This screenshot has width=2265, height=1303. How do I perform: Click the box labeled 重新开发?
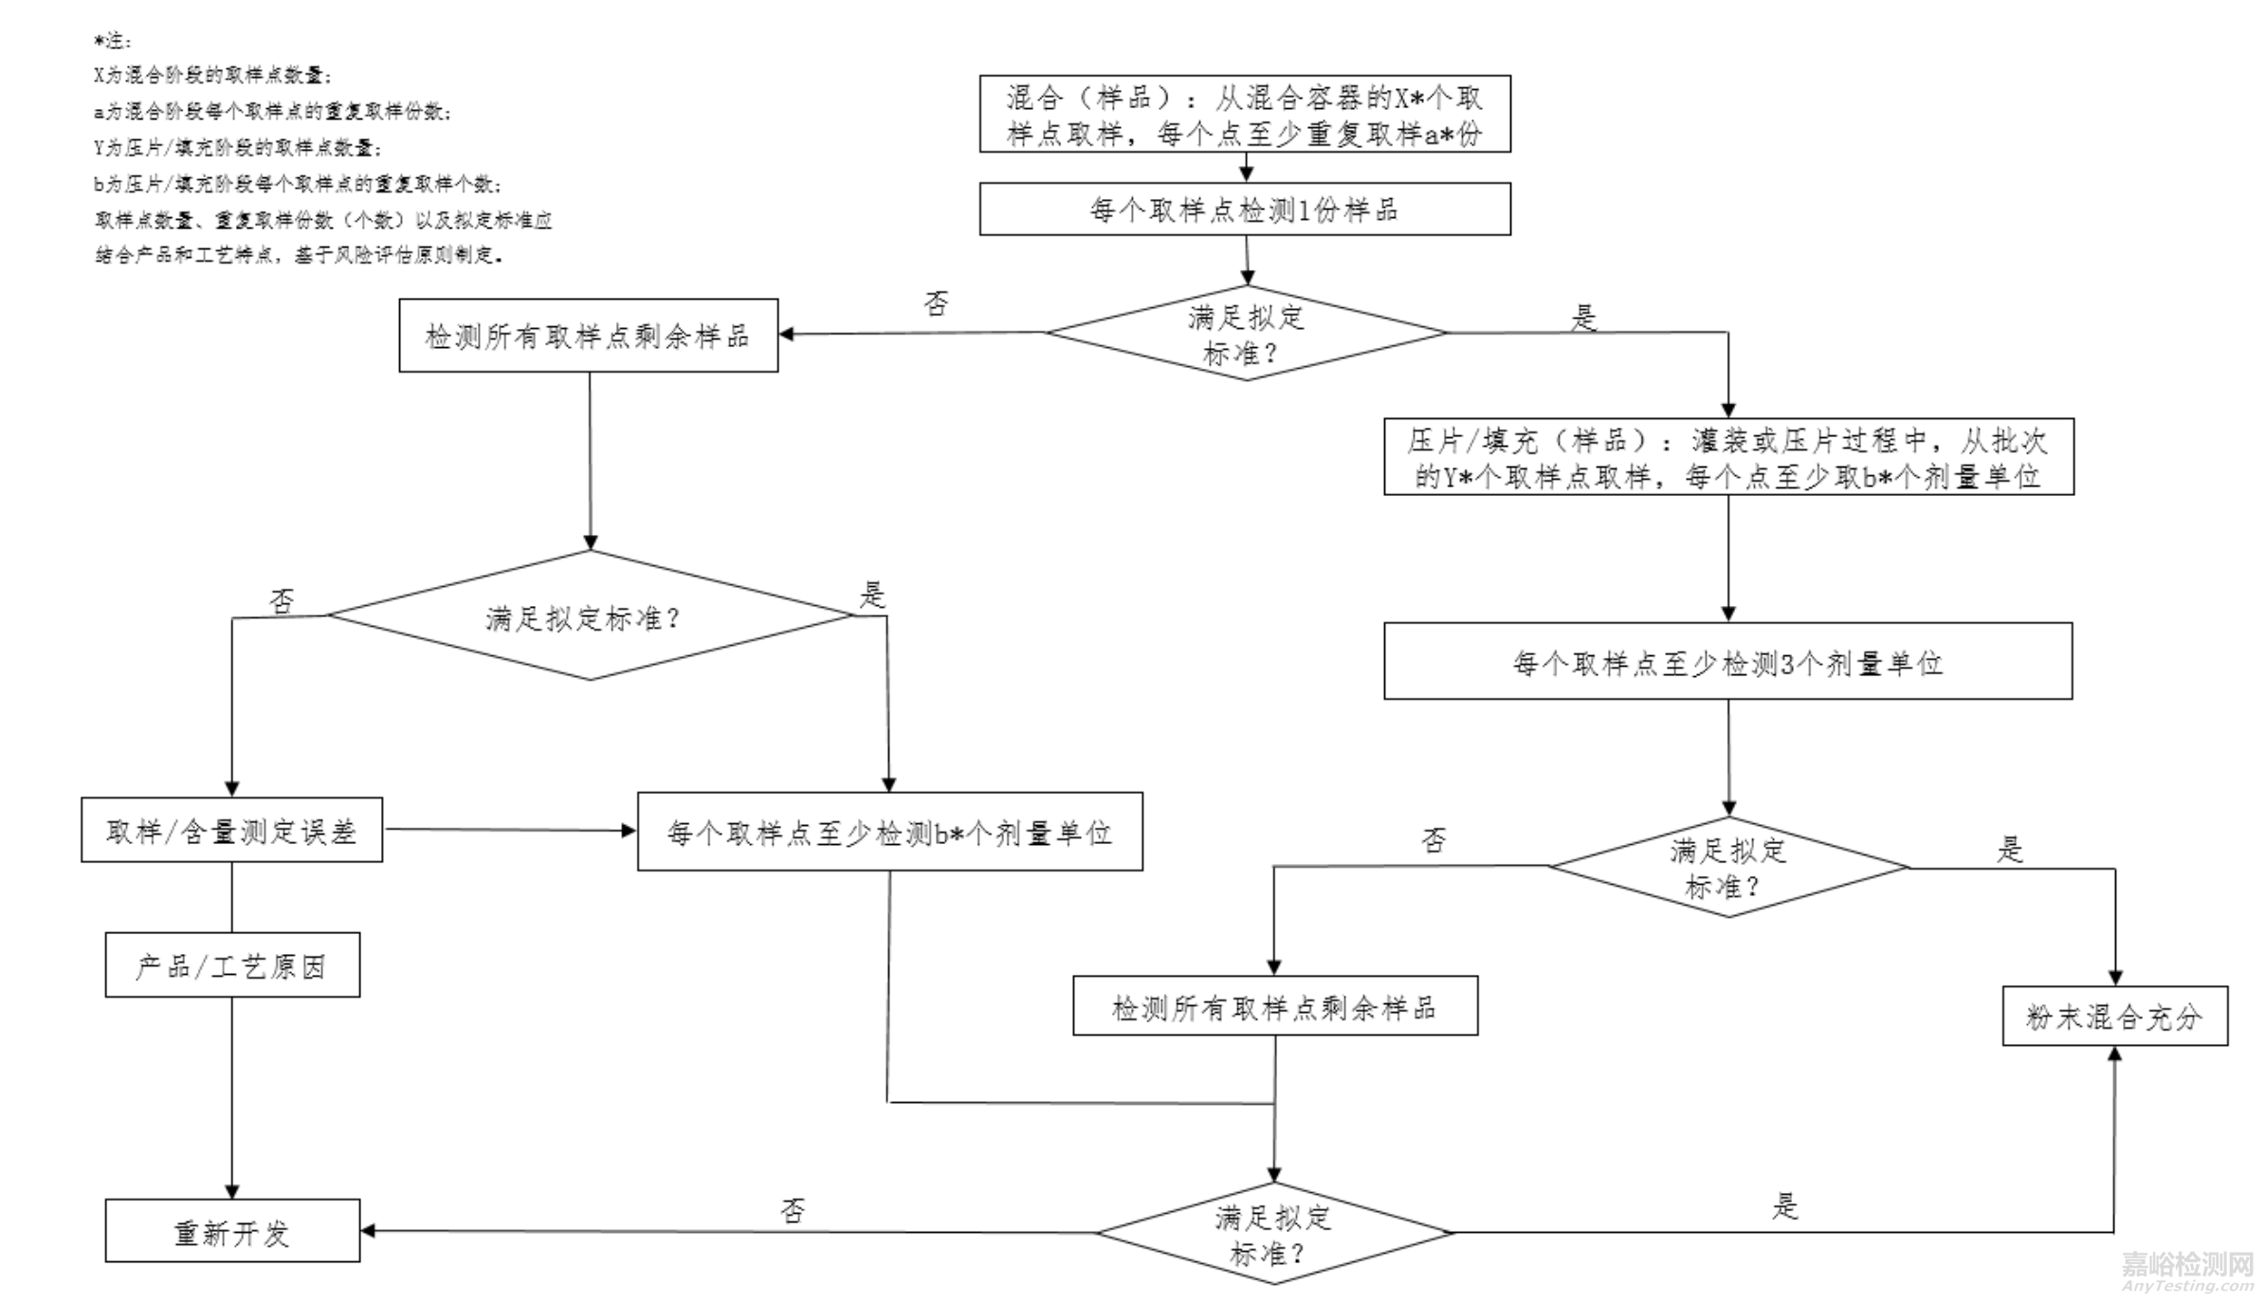(x=232, y=1231)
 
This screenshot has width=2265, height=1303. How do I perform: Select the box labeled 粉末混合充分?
(x=2114, y=1016)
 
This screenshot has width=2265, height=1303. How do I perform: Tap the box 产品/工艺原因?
(x=232, y=964)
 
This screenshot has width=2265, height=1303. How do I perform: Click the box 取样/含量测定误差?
(x=231, y=830)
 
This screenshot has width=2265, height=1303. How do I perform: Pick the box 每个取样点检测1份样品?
(x=1244, y=209)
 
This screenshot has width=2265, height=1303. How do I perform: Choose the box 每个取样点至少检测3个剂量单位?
(x=1727, y=661)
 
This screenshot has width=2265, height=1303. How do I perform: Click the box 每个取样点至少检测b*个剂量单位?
(x=889, y=832)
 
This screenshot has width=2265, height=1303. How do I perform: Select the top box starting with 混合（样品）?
(x=1244, y=114)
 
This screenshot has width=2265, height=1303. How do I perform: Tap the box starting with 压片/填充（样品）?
(x=1727, y=456)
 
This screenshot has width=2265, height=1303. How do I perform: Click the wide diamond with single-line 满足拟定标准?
(x=590, y=615)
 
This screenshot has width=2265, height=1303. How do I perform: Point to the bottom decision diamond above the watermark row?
(x=1273, y=1233)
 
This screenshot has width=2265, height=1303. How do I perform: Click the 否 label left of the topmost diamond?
(x=936, y=303)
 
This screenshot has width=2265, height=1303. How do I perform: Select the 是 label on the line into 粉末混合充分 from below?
(x=1785, y=1206)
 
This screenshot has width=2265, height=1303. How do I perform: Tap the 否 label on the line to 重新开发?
(x=793, y=1210)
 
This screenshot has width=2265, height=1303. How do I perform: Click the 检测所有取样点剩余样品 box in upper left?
(x=588, y=336)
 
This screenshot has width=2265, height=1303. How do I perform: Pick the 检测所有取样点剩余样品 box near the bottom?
(x=1274, y=1006)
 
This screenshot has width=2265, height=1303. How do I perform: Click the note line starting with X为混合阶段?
(x=212, y=75)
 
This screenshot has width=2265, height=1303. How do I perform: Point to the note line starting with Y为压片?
(x=237, y=147)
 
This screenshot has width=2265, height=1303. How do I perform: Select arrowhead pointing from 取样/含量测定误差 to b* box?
(x=629, y=831)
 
